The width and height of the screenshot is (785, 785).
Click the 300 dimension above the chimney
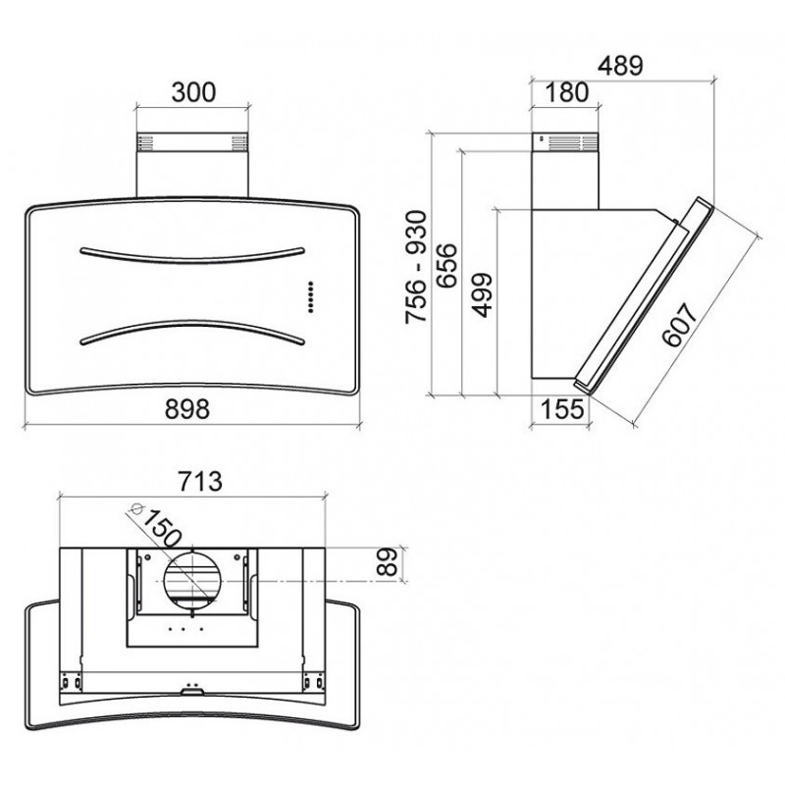[193, 92]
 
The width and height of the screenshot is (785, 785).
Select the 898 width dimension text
[187, 408]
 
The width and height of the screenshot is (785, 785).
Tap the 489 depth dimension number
[620, 65]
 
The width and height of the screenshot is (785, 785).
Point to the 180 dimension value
[566, 92]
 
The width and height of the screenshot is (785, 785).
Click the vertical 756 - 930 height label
[416, 267]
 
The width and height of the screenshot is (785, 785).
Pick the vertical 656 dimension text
[446, 265]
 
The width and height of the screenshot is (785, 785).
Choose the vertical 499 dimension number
[483, 295]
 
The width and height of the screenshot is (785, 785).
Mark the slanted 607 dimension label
[679, 325]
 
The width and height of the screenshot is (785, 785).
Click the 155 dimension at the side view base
[562, 408]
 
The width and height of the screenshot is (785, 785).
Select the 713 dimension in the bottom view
[200, 481]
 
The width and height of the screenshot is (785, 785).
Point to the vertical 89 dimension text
[386, 561]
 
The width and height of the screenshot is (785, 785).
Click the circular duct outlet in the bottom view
[192, 581]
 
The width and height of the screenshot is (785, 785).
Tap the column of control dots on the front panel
[310, 297]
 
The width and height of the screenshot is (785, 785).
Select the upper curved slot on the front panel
[192, 256]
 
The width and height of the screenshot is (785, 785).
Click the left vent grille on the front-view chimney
[145, 142]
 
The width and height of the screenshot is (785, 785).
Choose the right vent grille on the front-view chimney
[239, 142]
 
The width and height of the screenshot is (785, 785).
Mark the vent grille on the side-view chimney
[573, 142]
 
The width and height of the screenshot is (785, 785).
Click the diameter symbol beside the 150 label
[134, 508]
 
